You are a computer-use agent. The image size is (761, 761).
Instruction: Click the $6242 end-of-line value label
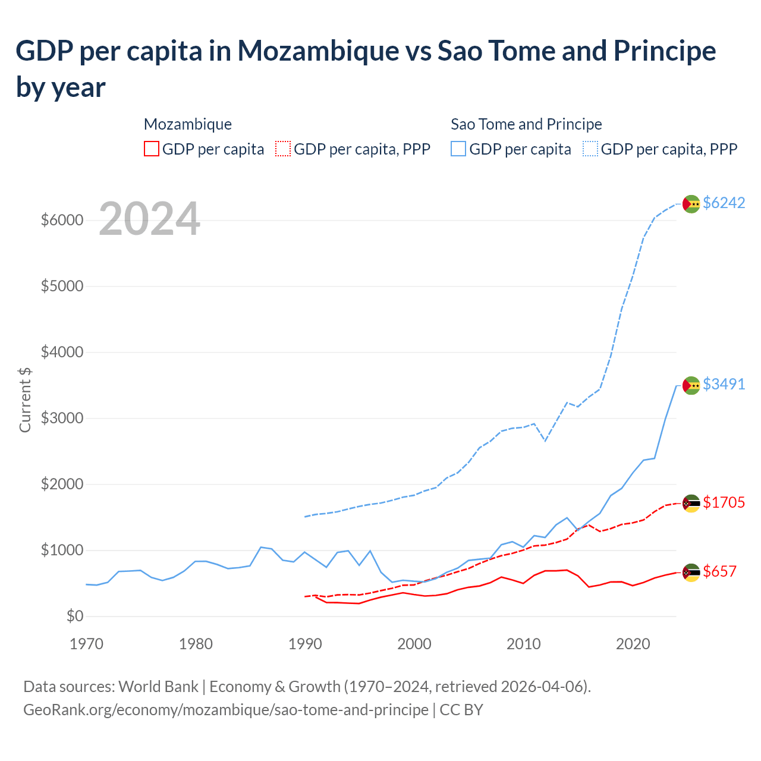[x=724, y=203]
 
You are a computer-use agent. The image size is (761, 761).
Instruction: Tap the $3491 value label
[x=724, y=384]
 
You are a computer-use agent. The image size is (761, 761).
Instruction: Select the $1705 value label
[x=724, y=502]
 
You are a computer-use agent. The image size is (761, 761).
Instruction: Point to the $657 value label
[x=719, y=571]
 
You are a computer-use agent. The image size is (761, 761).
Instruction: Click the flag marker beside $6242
[x=691, y=203]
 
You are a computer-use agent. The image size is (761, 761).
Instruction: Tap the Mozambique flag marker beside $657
[x=691, y=572]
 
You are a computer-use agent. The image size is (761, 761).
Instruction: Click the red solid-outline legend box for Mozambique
[x=152, y=149]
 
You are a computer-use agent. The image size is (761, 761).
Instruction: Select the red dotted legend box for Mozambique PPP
[x=284, y=149]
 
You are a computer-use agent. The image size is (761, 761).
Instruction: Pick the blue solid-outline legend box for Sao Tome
[x=458, y=149]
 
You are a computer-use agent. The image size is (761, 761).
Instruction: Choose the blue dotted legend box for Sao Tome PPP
[x=590, y=149]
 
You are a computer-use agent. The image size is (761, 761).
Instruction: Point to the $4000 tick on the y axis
[x=62, y=352]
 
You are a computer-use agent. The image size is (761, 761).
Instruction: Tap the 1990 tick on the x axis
[x=305, y=644]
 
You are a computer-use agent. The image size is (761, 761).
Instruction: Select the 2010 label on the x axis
[x=523, y=644]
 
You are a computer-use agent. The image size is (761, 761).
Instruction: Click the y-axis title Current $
[x=25, y=400]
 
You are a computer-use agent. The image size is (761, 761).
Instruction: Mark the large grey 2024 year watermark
[x=149, y=219]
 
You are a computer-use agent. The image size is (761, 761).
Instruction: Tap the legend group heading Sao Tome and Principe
[x=526, y=124]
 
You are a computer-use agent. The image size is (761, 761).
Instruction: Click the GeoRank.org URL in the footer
[x=226, y=710]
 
